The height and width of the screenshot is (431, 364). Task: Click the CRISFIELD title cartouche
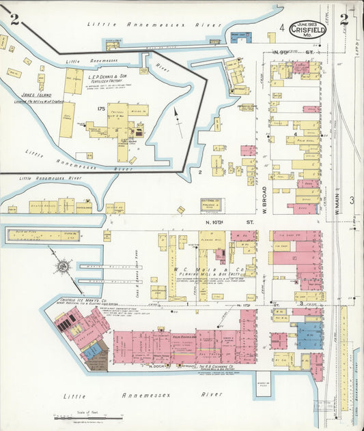[307, 29]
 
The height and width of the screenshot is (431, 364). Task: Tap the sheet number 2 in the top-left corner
[14, 27]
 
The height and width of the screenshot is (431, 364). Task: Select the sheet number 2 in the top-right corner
[344, 19]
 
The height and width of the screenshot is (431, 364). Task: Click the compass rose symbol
[61, 263]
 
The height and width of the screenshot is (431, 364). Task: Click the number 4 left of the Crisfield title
[281, 28]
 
